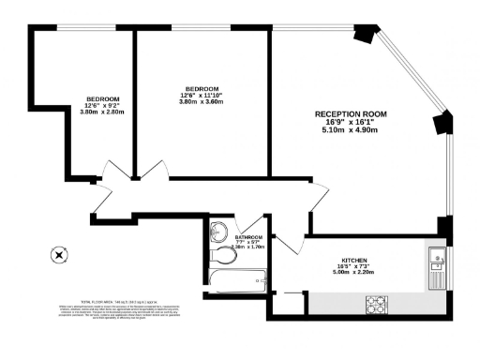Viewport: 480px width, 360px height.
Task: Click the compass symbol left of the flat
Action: click(x=59, y=254)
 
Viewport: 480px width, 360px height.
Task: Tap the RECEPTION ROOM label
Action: click(x=350, y=113)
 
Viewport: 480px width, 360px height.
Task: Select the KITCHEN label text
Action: click(x=353, y=260)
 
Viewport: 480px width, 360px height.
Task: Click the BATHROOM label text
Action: click(x=249, y=238)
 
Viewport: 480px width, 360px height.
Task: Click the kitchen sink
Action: click(x=438, y=258)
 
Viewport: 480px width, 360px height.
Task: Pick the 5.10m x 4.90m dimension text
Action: click(x=350, y=130)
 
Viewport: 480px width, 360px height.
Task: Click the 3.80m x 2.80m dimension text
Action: click(x=103, y=113)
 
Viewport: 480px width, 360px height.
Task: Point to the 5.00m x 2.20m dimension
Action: click(x=353, y=274)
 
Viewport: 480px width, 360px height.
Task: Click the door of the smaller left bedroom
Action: click(x=112, y=175)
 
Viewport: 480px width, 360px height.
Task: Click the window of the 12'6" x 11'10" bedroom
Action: click(x=201, y=28)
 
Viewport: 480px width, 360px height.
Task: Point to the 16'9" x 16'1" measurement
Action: click(x=350, y=122)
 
